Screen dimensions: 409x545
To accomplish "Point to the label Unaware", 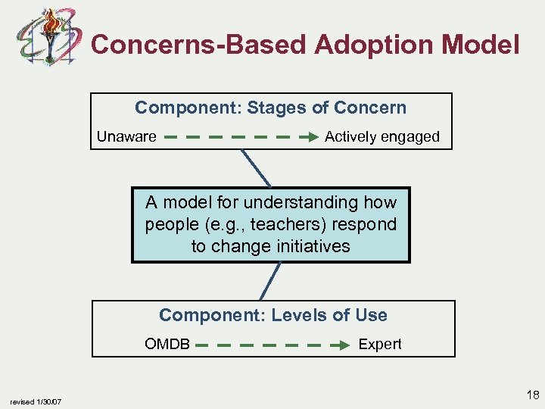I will tap(126, 137).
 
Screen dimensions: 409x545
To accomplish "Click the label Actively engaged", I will tap(381, 137).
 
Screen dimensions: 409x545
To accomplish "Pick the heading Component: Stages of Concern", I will tap(270, 108).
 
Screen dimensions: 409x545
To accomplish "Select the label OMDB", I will tap(167, 345).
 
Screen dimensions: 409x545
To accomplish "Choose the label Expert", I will tap(379, 345).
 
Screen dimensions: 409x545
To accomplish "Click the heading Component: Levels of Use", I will tap(272, 316).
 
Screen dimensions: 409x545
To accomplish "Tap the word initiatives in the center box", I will tap(313, 246).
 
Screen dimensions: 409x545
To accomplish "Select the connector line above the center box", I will tap(256, 168).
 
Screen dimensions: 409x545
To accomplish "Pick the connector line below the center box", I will tap(270, 281).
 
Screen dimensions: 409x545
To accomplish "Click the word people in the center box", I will tap(168, 225).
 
